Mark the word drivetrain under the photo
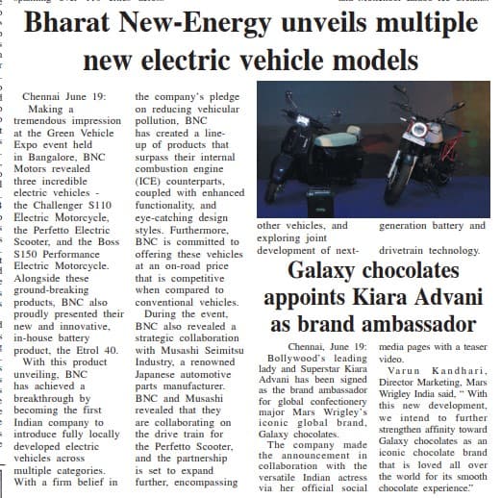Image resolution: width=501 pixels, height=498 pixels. point(404,250)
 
